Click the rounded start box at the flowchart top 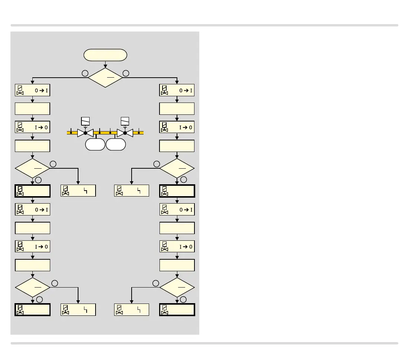tap(105, 55)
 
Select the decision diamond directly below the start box tap(105, 78)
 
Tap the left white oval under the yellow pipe tap(95, 145)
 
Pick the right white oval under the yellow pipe tap(116, 145)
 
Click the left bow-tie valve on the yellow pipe tap(85, 133)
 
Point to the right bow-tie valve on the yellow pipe tap(125, 133)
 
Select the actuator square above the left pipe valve tap(85, 121)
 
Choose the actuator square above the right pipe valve tap(125, 121)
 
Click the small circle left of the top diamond tap(85, 73)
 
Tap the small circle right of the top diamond tap(126, 73)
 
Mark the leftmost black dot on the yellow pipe tap(71, 133)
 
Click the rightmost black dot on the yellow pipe tap(139, 133)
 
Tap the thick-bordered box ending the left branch tap(32, 309)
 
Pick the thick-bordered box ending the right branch tap(177, 309)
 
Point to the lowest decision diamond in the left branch tap(32, 287)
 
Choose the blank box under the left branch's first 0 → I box tap(32, 109)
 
